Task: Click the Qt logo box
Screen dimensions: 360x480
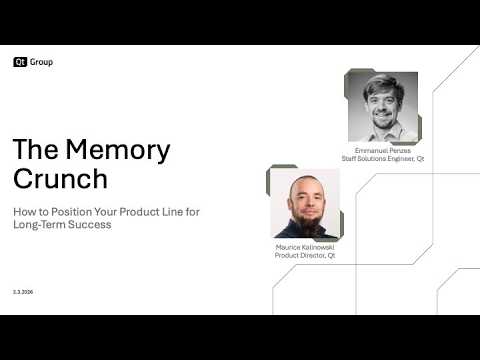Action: click(20, 62)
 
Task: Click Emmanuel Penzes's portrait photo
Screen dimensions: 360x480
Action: click(382, 107)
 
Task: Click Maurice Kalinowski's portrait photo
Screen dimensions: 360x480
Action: click(305, 203)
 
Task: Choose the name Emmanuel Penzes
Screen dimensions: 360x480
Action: click(383, 150)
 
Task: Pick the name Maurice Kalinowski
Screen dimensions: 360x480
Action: click(305, 246)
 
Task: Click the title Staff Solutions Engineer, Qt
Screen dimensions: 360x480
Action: click(383, 158)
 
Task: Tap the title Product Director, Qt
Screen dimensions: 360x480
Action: click(305, 255)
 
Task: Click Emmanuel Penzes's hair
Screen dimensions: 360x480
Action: click(382, 83)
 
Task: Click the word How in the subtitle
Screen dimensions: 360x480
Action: click(22, 212)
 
